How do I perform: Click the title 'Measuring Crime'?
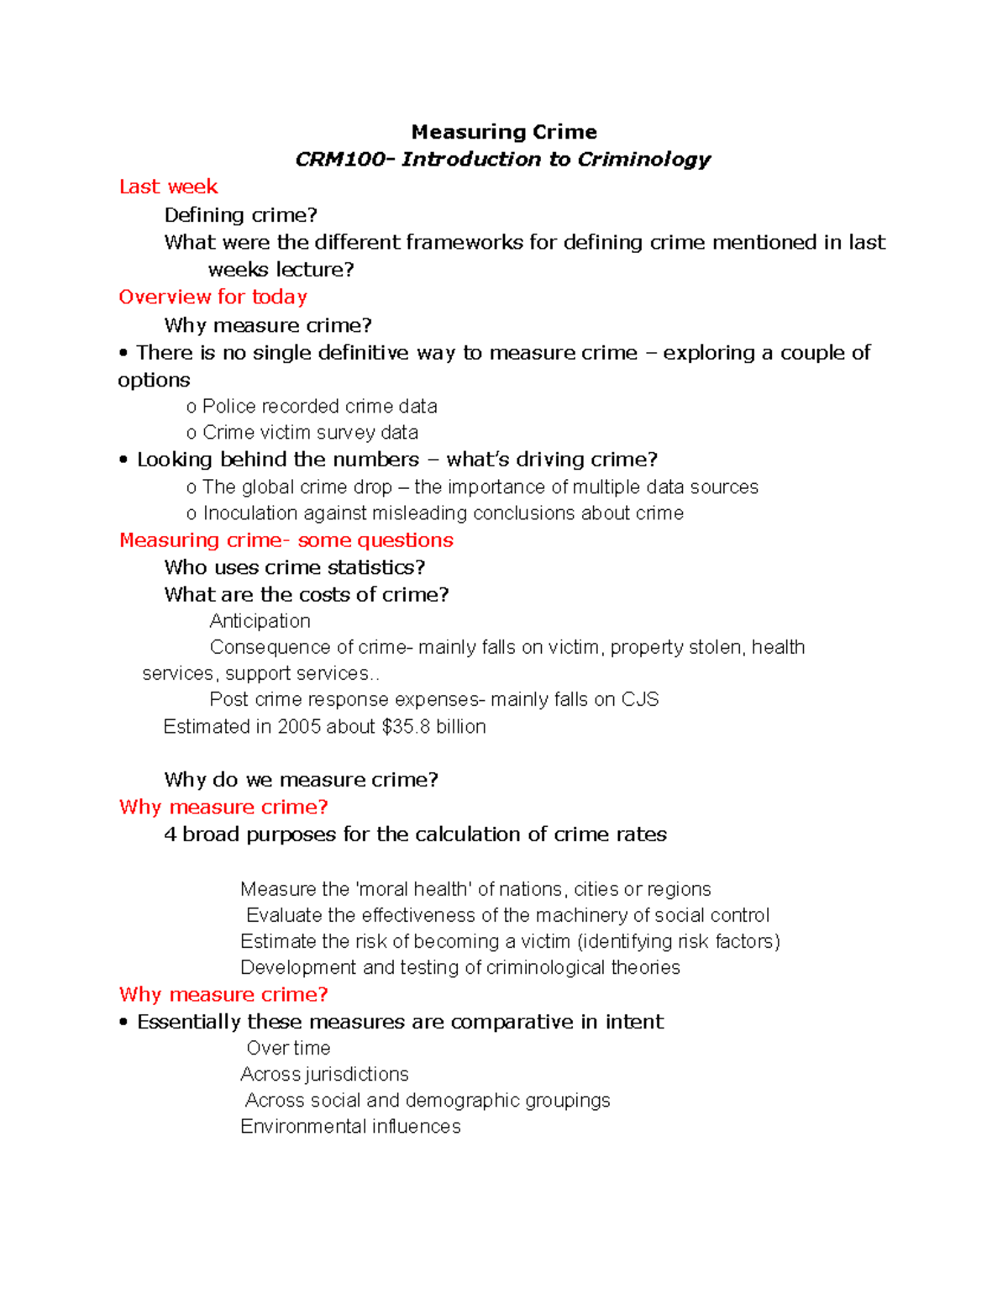pos(504,132)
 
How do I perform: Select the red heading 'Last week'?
pos(168,187)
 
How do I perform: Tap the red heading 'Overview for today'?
pos(213,297)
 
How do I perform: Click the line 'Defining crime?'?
pos(240,215)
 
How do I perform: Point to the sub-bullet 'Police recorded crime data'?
pos(319,407)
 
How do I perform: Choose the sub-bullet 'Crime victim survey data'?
pos(310,433)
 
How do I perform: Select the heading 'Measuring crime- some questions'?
pos(286,540)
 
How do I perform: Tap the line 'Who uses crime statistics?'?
pos(295,567)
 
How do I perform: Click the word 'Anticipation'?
pos(260,621)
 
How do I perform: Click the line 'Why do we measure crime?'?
pos(301,780)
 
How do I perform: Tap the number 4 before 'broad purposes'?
pos(170,834)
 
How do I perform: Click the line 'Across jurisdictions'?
pos(324,1075)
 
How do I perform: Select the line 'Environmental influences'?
pos(350,1127)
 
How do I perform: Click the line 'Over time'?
pos(288,1049)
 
